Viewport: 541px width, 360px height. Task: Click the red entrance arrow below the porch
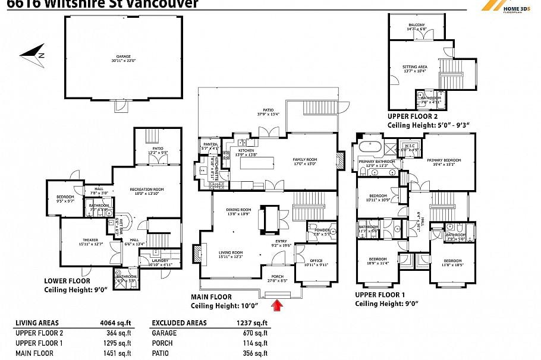pos(277,305)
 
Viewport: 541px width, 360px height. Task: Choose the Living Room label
pos(229,254)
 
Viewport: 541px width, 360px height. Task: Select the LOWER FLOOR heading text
pos(67,280)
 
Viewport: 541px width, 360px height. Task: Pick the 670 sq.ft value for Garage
pos(253,333)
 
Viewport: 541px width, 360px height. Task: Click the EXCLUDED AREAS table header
pos(179,323)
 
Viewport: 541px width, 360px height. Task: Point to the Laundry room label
pos(160,261)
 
